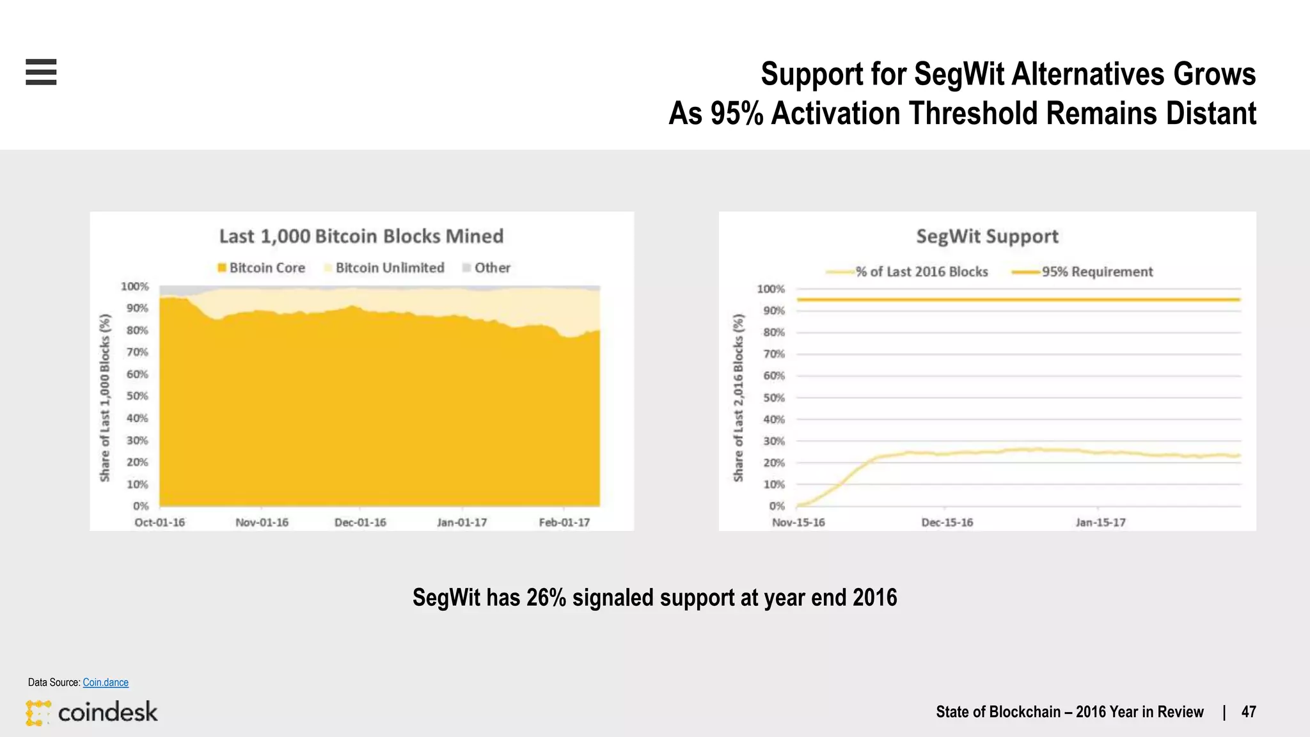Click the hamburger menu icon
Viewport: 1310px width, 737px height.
tap(41, 72)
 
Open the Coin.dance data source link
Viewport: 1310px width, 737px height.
tap(106, 683)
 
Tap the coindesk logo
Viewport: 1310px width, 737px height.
tap(92, 713)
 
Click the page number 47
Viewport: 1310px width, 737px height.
tap(1249, 712)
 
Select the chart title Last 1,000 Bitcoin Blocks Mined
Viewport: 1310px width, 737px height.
tap(361, 236)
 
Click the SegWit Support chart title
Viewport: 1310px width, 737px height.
tap(987, 236)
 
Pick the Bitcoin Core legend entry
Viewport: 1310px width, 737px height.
tap(261, 268)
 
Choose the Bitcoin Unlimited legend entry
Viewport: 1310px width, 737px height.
tap(384, 268)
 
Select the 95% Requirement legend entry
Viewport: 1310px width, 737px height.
tap(1082, 272)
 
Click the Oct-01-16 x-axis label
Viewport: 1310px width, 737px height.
tap(159, 523)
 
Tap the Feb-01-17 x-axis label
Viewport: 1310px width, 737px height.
tap(564, 523)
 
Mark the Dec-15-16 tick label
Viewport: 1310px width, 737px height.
tap(947, 523)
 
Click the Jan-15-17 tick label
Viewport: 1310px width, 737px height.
tap(1100, 523)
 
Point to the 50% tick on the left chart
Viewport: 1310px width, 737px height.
tap(137, 396)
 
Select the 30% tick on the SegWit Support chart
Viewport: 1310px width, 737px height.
tap(773, 441)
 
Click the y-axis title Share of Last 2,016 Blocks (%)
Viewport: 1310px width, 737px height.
tap(739, 397)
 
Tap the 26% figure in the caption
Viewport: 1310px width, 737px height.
tap(546, 598)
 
